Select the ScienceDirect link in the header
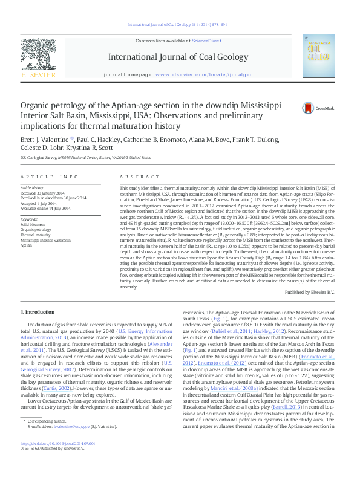point(206,40)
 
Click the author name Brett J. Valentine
point(42,138)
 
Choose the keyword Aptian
point(26,246)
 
